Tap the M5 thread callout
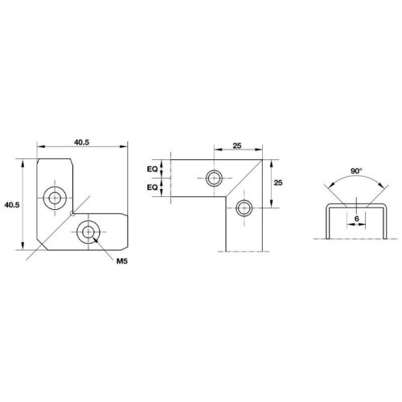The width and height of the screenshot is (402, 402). (122, 262)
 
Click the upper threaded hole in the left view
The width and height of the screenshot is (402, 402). (56, 195)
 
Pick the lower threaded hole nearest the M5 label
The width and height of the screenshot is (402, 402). (88, 233)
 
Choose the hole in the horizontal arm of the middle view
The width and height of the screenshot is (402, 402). (214, 178)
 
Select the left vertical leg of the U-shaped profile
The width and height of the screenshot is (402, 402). (324, 222)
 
